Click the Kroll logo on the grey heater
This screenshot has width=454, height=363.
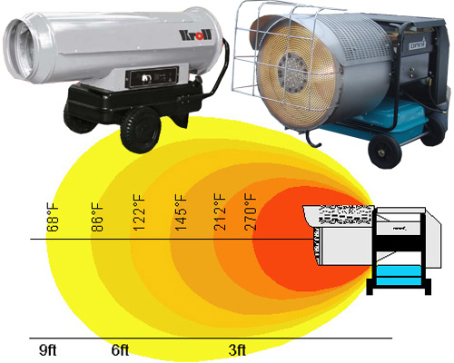click(195, 35)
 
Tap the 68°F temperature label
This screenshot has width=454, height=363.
click(53, 217)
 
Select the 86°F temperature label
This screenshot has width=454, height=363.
click(97, 217)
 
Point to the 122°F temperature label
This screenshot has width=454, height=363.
click(139, 212)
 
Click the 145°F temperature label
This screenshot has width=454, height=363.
click(181, 212)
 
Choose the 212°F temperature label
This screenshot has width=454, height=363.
click(220, 212)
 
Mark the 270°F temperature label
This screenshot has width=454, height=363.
click(250, 212)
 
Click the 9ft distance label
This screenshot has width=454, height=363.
click(48, 350)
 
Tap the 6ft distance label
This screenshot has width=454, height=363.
click(120, 350)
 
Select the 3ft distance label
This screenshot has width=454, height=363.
click(237, 350)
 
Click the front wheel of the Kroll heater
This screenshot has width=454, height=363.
click(140, 130)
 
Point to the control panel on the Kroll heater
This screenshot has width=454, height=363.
click(152, 77)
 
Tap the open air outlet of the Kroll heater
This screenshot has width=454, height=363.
click(21, 48)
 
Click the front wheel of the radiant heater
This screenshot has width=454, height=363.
click(385, 152)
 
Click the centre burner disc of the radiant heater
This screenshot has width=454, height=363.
click(293, 72)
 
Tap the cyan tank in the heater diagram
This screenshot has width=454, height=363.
click(399, 276)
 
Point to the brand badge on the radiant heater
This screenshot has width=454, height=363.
click(418, 44)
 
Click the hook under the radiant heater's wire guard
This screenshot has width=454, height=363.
click(313, 138)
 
